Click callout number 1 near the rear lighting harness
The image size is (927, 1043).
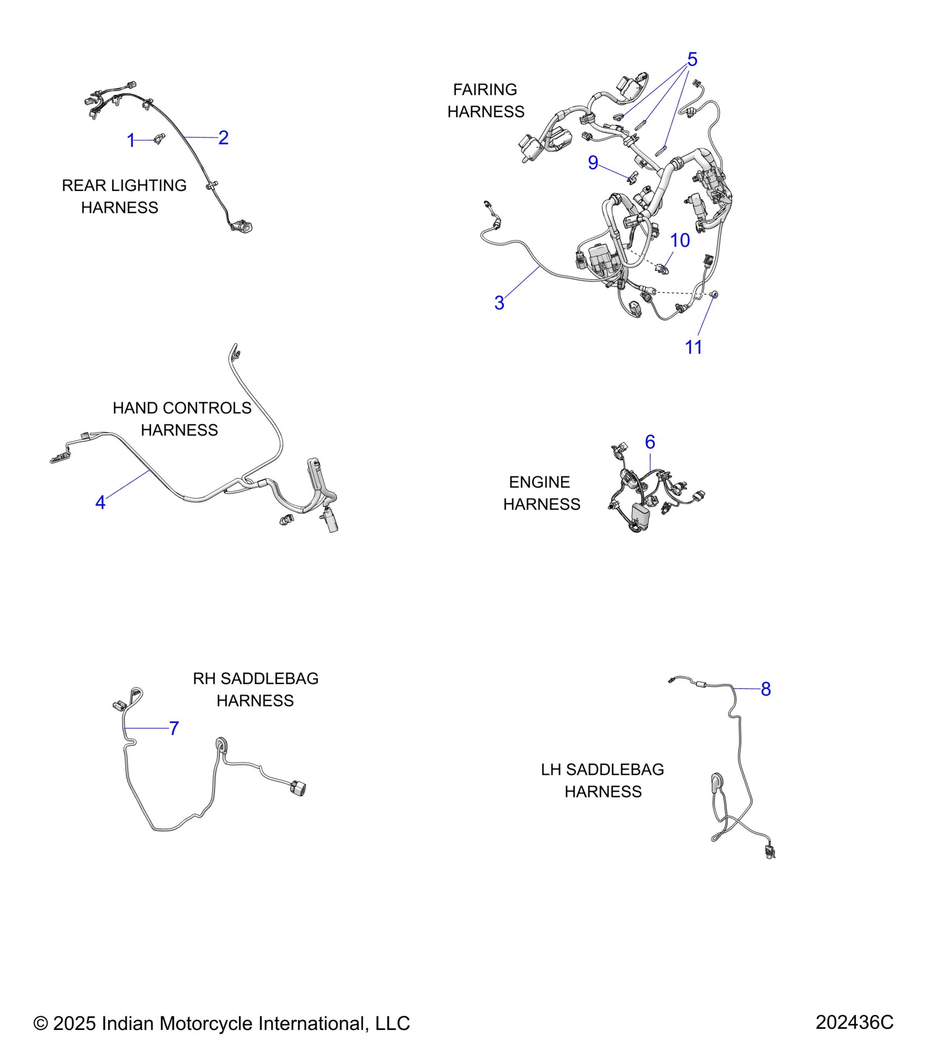click(x=130, y=141)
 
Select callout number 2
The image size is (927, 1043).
click(x=223, y=137)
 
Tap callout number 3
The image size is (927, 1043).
click(x=499, y=303)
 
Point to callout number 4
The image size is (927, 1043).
click(x=100, y=502)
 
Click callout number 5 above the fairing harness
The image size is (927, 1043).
click(x=692, y=59)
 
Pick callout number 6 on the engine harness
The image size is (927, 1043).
click(x=649, y=442)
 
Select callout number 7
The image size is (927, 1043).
click(x=174, y=728)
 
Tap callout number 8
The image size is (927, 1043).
click(x=766, y=689)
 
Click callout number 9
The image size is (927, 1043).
click(x=593, y=163)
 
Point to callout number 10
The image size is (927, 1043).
click(x=679, y=240)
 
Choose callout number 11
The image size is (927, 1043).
click(x=693, y=347)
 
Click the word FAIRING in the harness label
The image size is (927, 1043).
click(x=485, y=89)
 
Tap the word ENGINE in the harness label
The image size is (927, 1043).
click(x=539, y=482)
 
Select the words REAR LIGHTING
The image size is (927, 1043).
click(x=124, y=185)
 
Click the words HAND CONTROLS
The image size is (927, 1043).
click(x=182, y=408)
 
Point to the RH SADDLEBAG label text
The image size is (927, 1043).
click(x=255, y=679)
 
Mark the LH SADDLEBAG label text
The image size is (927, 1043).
click(x=602, y=770)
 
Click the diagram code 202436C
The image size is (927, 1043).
click(x=854, y=1022)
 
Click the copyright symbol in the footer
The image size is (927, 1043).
click(x=40, y=1023)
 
